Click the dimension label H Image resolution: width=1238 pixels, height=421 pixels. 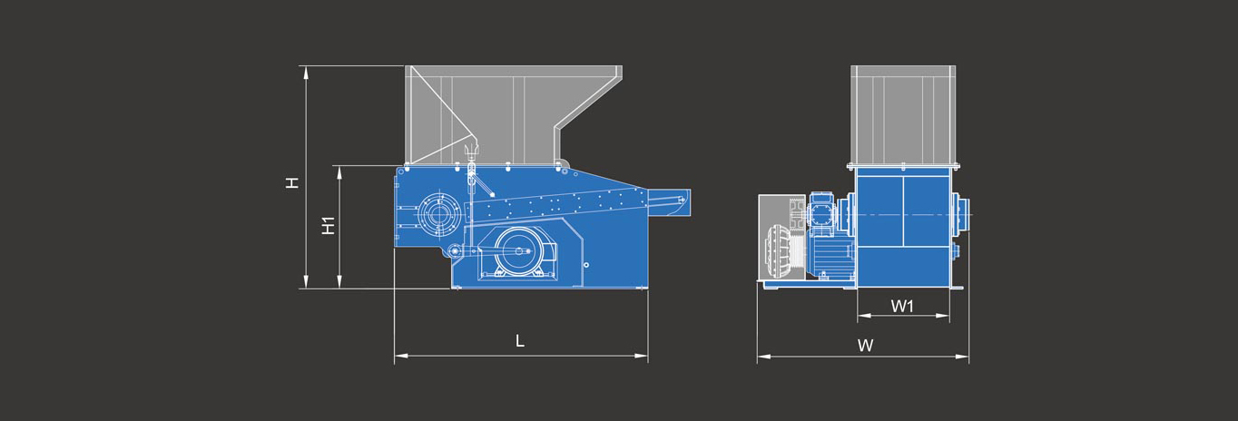292,182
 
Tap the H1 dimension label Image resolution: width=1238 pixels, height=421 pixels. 329,225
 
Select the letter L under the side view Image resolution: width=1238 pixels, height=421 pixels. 519,341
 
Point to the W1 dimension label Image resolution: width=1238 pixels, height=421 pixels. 902,306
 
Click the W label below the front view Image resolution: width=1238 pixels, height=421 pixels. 865,346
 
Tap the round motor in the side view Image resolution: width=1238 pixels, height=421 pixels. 519,252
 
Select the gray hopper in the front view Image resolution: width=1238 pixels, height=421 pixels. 903,115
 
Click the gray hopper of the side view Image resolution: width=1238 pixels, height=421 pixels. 514,115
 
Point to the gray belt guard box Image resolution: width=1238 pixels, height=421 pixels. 781,238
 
